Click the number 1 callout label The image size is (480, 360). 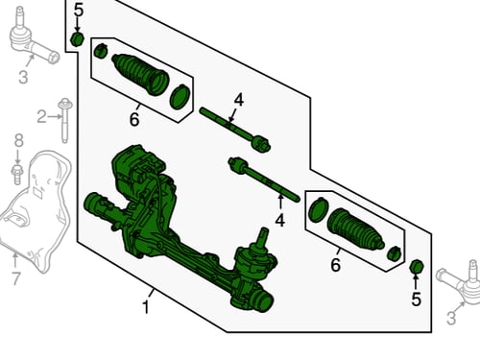146,307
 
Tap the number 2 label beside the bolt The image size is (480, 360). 41,116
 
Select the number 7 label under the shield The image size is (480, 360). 16,278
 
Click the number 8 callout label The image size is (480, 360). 19,140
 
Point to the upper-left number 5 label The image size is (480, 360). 79,10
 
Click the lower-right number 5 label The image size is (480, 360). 416,300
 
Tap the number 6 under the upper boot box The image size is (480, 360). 134,119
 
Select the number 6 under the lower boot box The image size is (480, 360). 335,265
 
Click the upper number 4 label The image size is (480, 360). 239,100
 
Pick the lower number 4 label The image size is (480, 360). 279,220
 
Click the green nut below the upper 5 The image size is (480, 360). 77,39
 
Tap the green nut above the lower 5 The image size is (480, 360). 417,266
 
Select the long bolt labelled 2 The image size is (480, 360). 64,120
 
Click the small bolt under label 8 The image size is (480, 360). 16,174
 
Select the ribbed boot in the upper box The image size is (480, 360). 140,74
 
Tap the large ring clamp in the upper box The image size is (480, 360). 180,97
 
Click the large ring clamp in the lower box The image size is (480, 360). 318,209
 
